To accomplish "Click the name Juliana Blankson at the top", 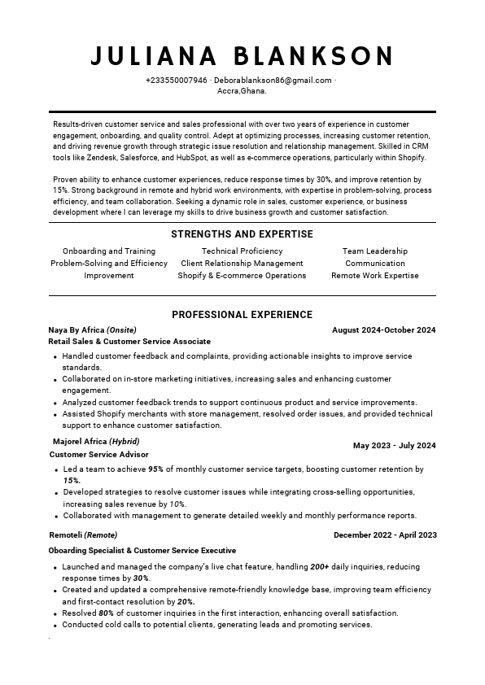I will (x=242, y=56).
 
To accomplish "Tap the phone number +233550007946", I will (x=176, y=81).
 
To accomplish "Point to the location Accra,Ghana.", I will (x=242, y=91).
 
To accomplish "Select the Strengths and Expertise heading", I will (x=242, y=234).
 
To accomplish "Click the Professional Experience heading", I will (x=242, y=314).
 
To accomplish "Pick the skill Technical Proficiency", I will (x=242, y=251).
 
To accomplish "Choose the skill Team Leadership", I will (x=374, y=251).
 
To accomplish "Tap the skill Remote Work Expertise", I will (x=374, y=276).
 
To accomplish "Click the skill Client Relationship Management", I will (x=242, y=264).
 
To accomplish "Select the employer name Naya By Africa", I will (x=76, y=330).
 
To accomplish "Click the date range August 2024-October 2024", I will (x=384, y=330).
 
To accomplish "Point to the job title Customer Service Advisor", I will (x=99, y=454).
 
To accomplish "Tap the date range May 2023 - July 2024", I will (x=394, y=446).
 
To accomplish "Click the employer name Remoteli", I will (x=66, y=534).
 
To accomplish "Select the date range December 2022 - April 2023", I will (x=385, y=534).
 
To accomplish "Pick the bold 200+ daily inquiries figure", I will (x=321, y=566).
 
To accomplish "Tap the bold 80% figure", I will (x=106, y=613).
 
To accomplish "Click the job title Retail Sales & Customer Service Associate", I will (x=129, y=342).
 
